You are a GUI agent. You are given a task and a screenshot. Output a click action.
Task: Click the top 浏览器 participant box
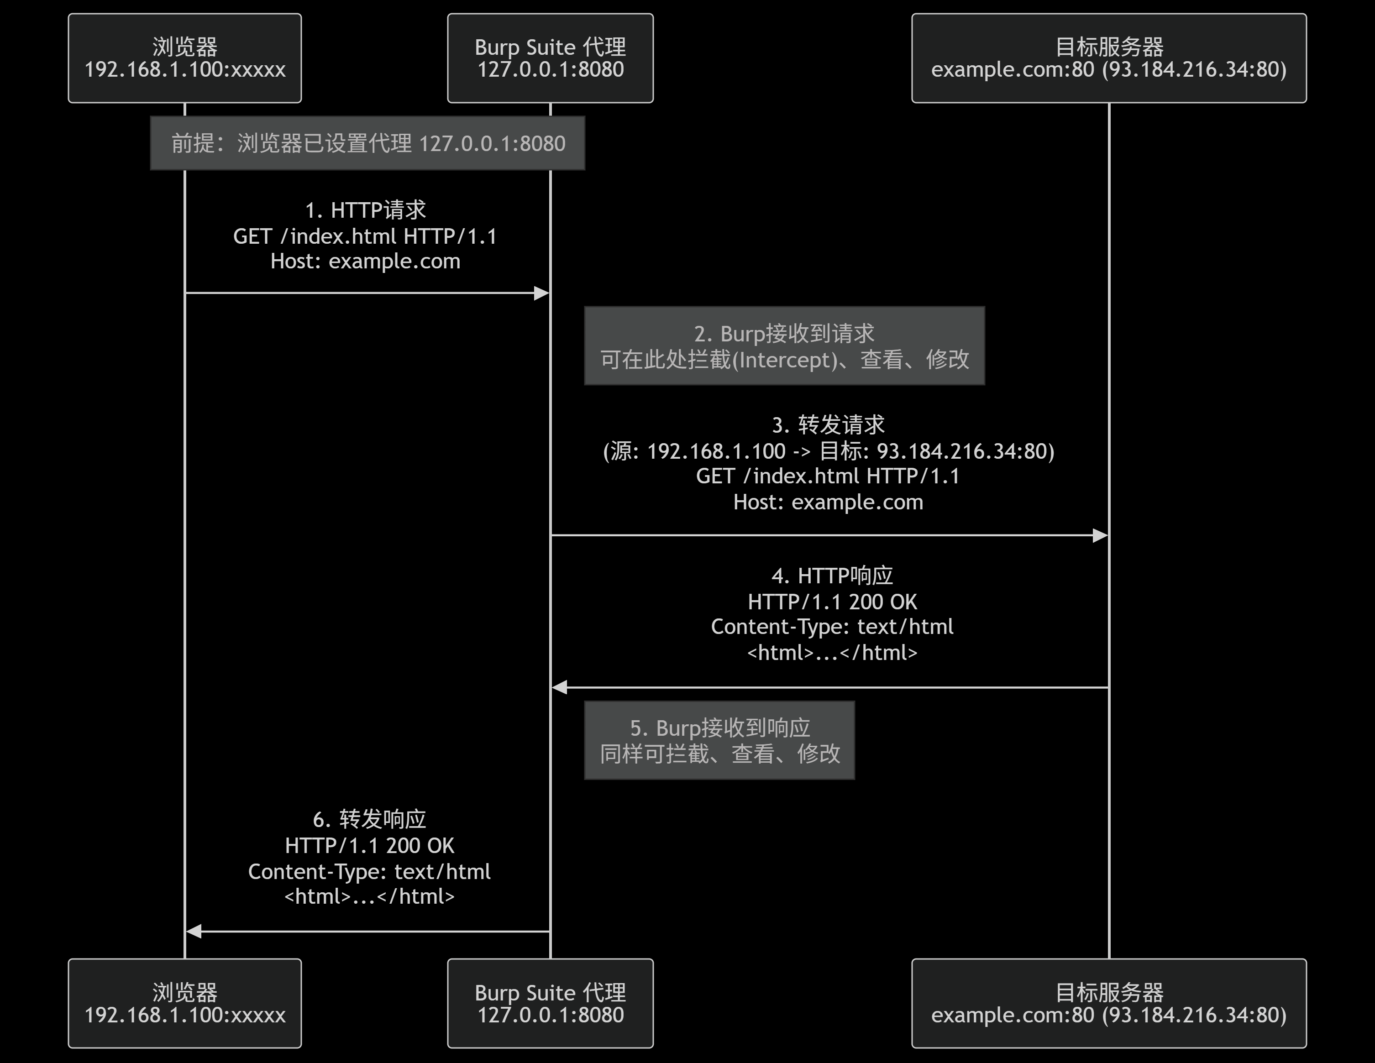[x=184, y=58]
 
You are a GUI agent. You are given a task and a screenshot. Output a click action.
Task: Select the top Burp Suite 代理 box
[x=550, y=58]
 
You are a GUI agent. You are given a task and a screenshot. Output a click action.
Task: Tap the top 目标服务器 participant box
[x=1109, y=58]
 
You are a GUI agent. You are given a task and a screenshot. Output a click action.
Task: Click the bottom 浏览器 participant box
[x=184, y=1003]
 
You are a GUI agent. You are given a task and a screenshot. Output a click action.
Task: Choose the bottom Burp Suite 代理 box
[x=550, y=1003]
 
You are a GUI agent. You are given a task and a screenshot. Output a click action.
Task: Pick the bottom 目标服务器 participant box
[x=1109, y=1003]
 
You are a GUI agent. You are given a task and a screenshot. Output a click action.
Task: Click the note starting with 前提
[x=367, y=143]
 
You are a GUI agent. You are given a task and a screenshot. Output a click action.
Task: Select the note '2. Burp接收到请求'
[x=784, y=346]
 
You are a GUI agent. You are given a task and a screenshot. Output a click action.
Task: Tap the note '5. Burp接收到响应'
[x=719, y=741]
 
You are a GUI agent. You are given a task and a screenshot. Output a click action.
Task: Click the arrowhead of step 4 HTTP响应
[x=560, y=688]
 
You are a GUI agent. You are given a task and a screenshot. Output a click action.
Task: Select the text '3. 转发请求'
[x=828, y=425]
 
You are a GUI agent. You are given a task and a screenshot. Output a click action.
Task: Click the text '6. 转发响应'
[x=370, y=819]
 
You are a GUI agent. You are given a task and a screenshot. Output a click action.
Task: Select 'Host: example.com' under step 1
[x=365, y=261]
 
